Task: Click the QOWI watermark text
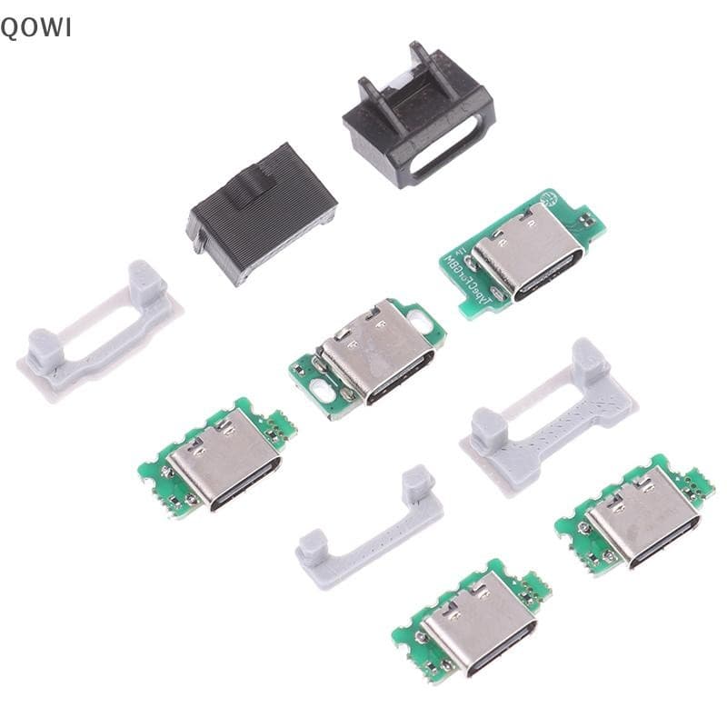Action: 35,27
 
